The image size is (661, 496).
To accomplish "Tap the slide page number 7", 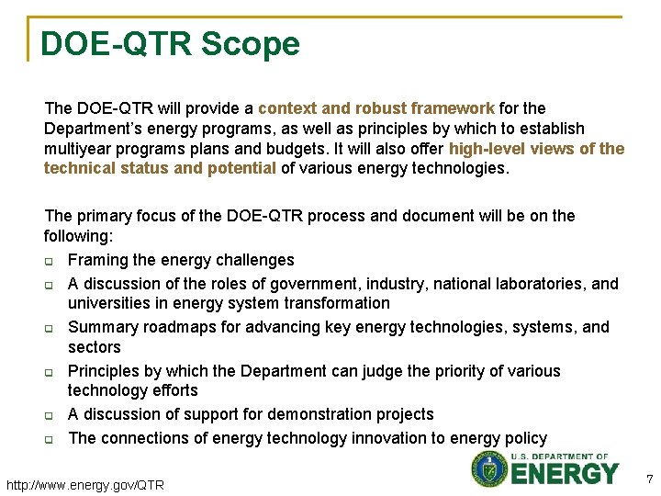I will (x=649, y=479).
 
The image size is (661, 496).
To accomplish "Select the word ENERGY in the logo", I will (x=565, y=474).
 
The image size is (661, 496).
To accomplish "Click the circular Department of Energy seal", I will (x=489, y=468).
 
